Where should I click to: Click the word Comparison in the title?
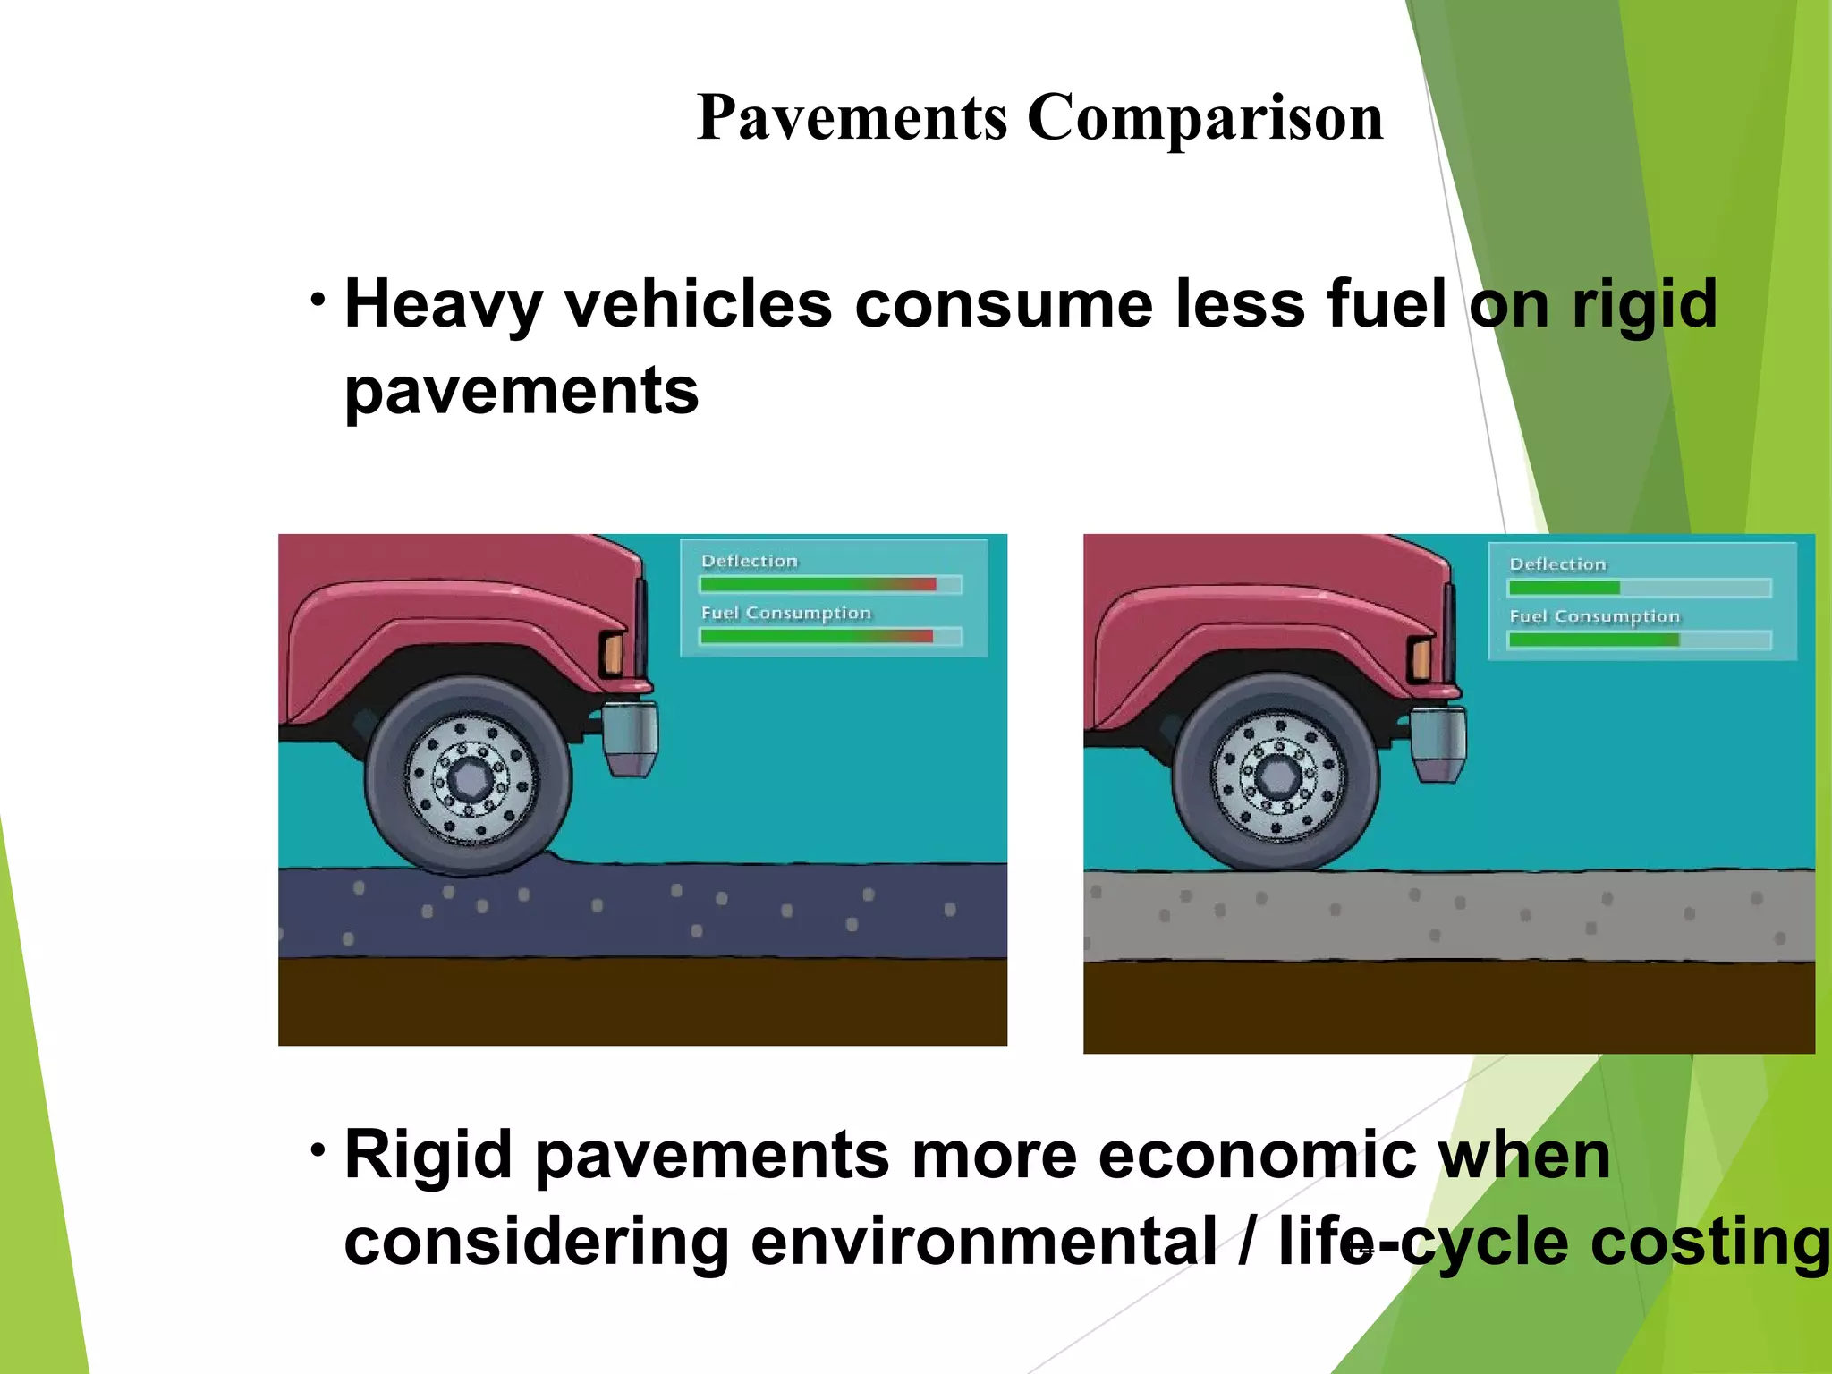[x=1205, y=118]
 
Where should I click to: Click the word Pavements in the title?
[x=852, y=118]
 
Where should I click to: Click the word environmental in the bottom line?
[x=983, y=1242]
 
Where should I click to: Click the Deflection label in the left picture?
[x=749, y=561]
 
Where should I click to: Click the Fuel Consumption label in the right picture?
[x=1594, y=616]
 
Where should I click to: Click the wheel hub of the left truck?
[x=469, y=776]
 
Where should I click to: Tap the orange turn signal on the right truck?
[x=1421, y=659]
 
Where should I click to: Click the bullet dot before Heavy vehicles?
[x=318, y=299]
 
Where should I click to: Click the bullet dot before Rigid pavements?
[x=318, y=1149]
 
